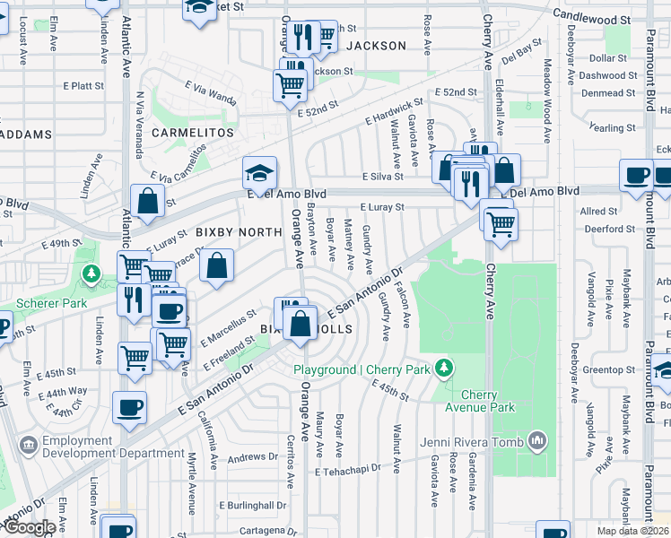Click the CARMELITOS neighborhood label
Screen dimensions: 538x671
(x=192, y=132)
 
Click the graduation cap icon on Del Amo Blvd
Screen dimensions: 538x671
(x=258, y=173)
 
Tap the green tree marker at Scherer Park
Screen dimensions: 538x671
(x=90, y=272)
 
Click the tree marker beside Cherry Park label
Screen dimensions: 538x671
(x=442, y=368)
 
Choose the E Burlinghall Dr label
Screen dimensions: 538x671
(x=257, y=506)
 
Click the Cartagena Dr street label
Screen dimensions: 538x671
(x=263, y=529)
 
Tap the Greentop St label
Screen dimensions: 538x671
(x=608, y=369)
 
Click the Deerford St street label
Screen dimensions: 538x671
(x=608, y=229)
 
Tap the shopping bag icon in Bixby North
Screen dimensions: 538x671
(x=216, y=265)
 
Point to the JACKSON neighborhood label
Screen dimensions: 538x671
(x=376, y=45)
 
